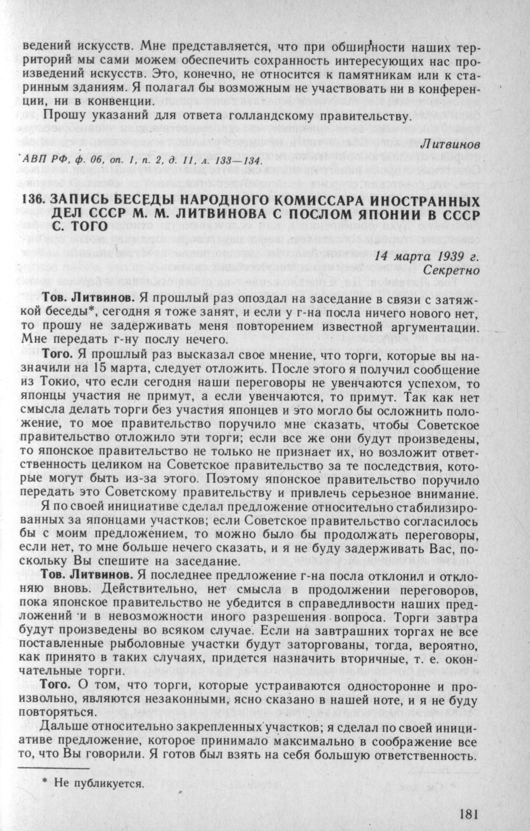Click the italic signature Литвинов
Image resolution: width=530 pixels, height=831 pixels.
click(450, 145)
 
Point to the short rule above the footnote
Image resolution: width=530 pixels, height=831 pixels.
click(52, 768)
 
